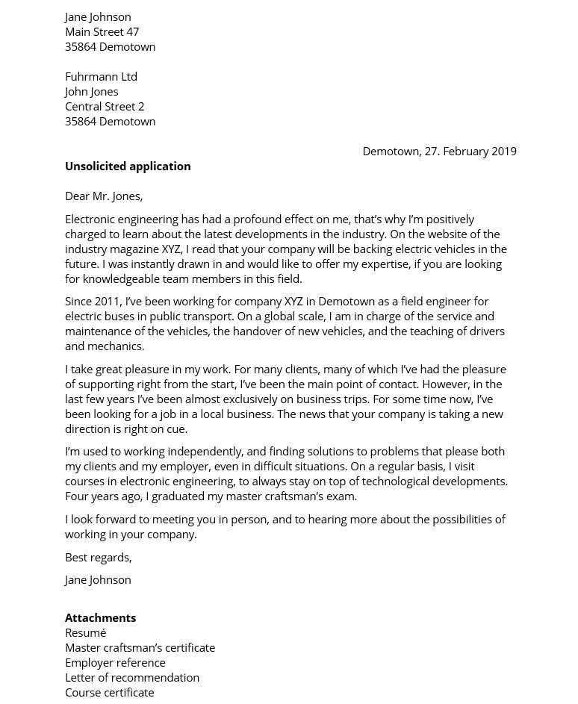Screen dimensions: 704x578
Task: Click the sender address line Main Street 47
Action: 102,31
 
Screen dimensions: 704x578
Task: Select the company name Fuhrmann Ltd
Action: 101,76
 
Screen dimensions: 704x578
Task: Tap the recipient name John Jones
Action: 91,91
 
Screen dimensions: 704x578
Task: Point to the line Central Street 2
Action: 105,106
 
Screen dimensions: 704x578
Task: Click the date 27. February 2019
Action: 470,151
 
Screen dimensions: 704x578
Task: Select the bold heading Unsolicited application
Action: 128,166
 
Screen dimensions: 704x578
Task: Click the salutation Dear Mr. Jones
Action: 104,196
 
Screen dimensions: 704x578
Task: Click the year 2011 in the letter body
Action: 108,301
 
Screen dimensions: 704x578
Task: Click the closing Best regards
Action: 98,557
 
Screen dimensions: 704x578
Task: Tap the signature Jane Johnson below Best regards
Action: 98,579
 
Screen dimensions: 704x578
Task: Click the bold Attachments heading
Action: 100,617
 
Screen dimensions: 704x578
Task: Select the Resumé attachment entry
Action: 85,632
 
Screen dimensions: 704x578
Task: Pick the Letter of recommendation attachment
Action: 132,677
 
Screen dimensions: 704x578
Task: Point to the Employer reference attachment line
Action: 115,662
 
